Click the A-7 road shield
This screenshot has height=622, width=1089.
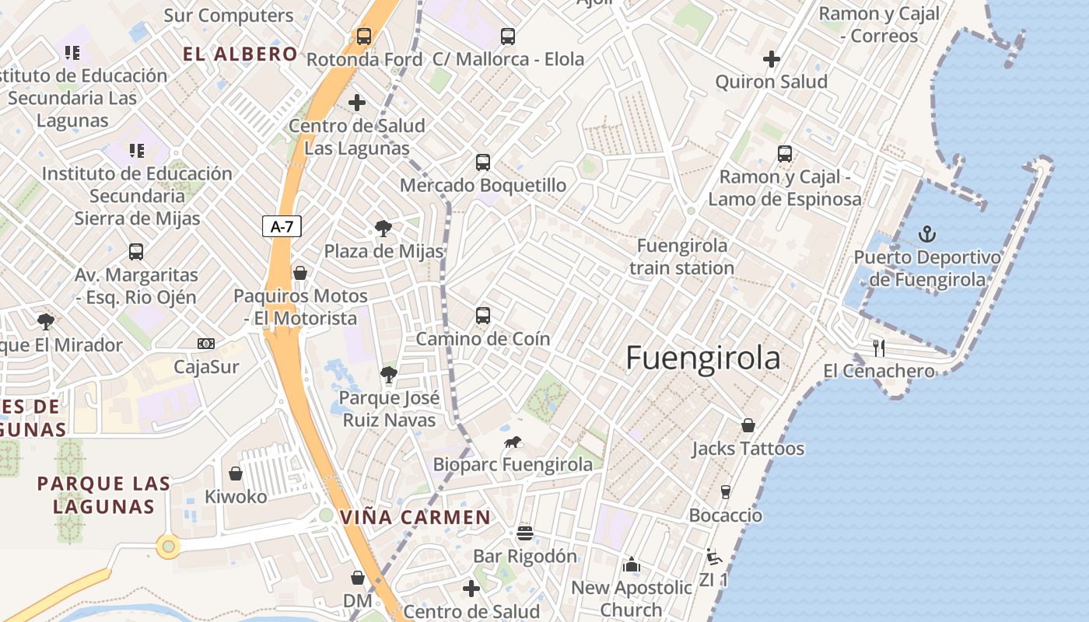coord(282,226)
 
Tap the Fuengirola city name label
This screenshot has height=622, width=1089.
coord(702,358)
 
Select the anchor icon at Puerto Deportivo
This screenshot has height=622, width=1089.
coord(926,233)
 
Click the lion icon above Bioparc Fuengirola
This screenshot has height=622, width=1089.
coord(512,442)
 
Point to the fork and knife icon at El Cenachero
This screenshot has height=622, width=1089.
coord(879,348)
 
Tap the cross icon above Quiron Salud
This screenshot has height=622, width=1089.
coord(771,59)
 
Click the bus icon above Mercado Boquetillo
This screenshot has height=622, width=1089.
coord(483,162)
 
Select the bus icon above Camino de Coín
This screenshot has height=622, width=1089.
coord(483,316)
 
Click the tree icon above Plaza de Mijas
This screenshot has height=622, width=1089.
coord(383,229)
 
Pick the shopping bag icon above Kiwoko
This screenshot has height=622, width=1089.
coord(236,473)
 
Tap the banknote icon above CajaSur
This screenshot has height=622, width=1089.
coord(206,344)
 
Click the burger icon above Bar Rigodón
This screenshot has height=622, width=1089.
coord(525,533)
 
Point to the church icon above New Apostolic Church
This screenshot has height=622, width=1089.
coord(631,564)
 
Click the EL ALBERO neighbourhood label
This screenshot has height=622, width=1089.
coord(240,54)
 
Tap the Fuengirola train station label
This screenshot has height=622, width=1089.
coord(681,257)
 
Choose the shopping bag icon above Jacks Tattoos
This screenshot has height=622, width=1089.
coord(748,425)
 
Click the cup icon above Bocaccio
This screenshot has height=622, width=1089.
coord(725,492)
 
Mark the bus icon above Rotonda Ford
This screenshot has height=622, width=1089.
coord(363,36)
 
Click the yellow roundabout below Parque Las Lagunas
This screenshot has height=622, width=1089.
coord(169,547)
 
